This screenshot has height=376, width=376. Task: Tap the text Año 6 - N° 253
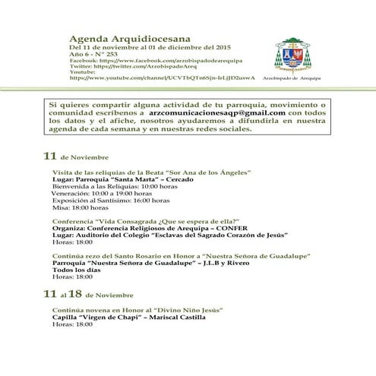tap(93, 53)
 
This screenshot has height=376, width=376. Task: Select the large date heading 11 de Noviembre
tap(72, 156)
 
